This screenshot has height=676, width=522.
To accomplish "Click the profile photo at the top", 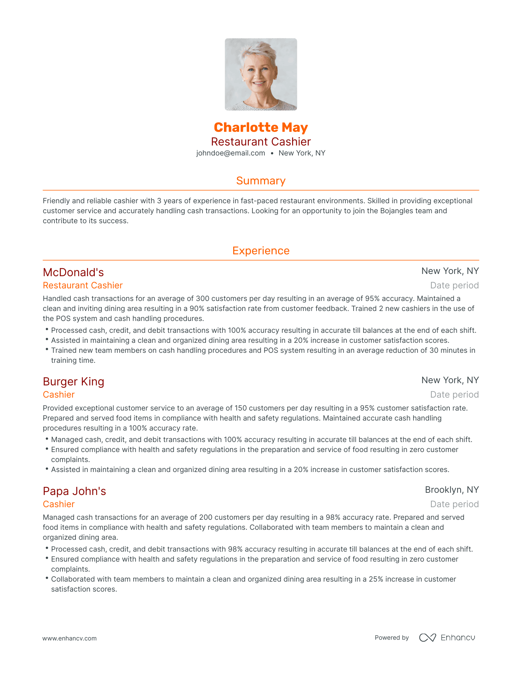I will coord(261,74).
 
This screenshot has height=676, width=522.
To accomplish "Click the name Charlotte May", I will coord(261,127).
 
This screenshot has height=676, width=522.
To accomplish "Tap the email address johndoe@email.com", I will coord(231,153).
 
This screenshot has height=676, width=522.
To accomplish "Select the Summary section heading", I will coord(261,181).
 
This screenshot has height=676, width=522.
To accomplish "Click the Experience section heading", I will coord(261,251).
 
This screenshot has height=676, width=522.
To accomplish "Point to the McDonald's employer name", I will coord(73,272).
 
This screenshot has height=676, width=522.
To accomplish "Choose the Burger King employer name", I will coord(73,382).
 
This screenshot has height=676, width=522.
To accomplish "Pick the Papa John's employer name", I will coord(74,491).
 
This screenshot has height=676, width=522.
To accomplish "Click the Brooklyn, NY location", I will coord(452,490).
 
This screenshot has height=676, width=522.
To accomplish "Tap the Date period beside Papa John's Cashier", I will coord(454,504).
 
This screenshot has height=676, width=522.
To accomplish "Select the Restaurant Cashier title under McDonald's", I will coord(83,285).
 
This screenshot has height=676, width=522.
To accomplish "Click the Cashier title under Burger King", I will coord(59,395).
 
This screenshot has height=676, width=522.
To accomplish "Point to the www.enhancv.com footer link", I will coord(70,638).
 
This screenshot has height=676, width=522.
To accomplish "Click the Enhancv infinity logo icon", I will coord(428,637).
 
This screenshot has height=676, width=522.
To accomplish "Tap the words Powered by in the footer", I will coord(392,637).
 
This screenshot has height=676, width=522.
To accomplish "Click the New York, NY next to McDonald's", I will coord(450,271).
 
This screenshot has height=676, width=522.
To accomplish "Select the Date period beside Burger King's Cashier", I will coord(454,395).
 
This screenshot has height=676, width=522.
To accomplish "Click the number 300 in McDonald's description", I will coord(203,299).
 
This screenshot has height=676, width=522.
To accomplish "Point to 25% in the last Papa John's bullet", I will coord(376,579).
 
